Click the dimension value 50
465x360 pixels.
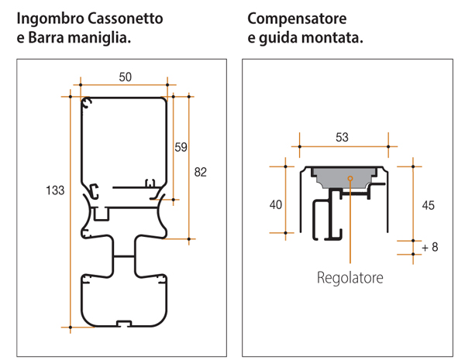(125, 75)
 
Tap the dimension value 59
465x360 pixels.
(180, 145)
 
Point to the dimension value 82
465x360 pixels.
(201, 172)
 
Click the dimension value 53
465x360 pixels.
(343, 137)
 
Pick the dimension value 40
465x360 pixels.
(275, 204)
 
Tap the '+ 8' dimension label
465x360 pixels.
(430, 248)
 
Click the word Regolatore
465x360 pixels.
(350, 276)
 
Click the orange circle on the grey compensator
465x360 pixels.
(350, 179)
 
